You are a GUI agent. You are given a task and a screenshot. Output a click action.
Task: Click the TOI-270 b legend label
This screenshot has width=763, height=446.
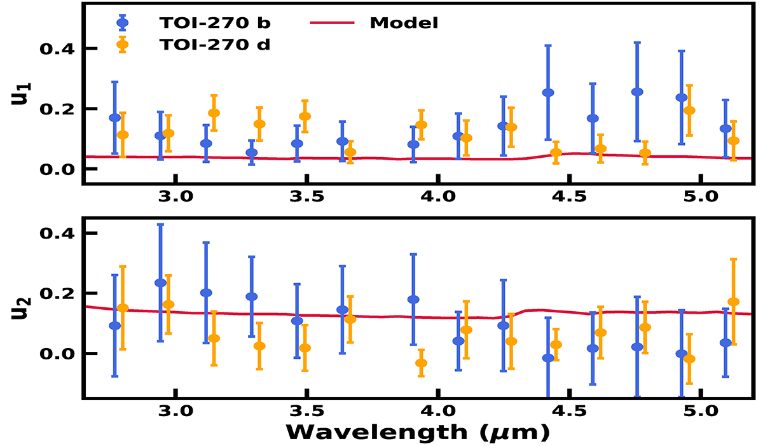pos(215,23)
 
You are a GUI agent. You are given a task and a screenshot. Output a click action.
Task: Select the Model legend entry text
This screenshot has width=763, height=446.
pos(404,23)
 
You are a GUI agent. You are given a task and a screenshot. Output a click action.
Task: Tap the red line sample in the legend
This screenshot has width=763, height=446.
pos(331,23)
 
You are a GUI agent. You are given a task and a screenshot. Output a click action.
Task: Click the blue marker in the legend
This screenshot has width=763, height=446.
pos(123,23)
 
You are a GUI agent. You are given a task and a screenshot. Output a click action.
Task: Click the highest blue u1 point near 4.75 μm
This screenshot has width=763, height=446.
pos(637,92)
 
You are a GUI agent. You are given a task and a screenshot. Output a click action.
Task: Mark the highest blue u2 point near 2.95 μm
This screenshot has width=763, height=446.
pos(160,282)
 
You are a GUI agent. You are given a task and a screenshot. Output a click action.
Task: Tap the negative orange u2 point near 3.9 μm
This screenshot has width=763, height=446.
pos(421,363)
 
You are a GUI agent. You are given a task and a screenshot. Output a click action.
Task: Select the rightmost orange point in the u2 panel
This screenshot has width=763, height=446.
pos(733,302)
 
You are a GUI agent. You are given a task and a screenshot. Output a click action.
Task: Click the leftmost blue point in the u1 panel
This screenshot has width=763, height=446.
pos(114,118)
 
